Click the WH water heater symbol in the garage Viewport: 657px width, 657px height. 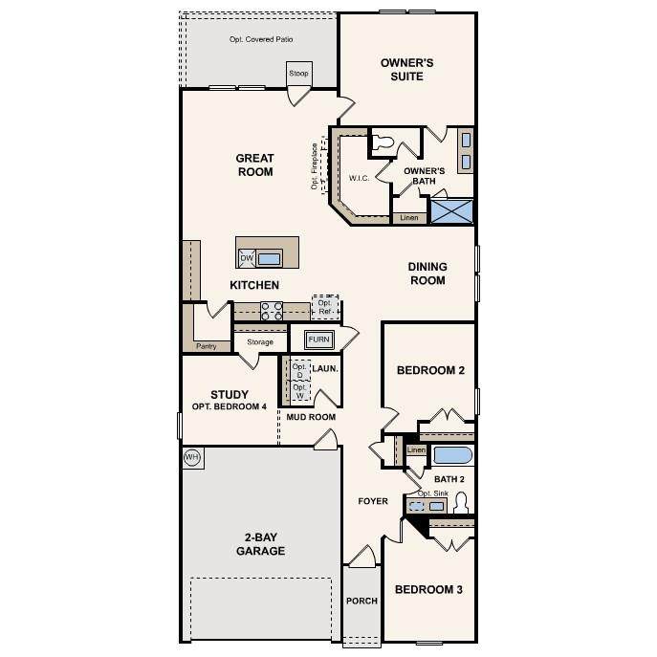pos(193,457)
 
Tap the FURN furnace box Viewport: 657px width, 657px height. pos(319,339)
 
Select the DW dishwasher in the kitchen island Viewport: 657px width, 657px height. pos(247,258)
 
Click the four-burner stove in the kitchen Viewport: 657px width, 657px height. pos(272,312)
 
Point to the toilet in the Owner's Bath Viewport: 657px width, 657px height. pos(383,142)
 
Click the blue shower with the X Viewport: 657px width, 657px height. pos(452,211)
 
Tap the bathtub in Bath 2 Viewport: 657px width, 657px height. pos(453,455)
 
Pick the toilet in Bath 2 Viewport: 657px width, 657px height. pos(461,503)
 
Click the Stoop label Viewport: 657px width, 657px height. pos(298,74)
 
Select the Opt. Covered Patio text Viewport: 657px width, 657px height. pos(261,39)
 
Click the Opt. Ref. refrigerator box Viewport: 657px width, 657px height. pos(325,307)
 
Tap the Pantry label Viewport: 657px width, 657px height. pos(207,346)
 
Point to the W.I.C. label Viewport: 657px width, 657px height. pos(359,178)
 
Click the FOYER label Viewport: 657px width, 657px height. pos(373,501)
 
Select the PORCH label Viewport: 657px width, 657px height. pos(362,601)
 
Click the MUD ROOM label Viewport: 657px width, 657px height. pos(311,417)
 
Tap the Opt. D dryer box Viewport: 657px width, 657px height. pos(300,370)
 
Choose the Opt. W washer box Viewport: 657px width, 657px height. pos(300,391)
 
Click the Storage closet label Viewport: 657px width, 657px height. pos(260,342)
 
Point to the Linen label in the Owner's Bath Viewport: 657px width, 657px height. pos(409,218)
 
